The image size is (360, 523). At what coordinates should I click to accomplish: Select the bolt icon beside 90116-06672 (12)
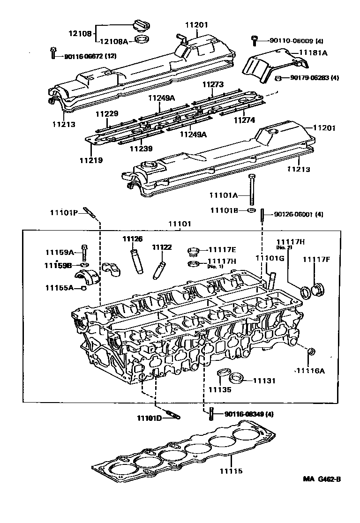[54, 52]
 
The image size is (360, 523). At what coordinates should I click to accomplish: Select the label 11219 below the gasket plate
[90, 160]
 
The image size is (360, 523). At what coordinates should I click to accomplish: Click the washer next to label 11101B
[252, 210]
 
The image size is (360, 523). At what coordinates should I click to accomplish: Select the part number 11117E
[222, 250]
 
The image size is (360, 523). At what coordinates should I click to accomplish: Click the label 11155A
[59, 287]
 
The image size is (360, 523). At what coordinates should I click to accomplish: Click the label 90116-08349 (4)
[248, 414]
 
